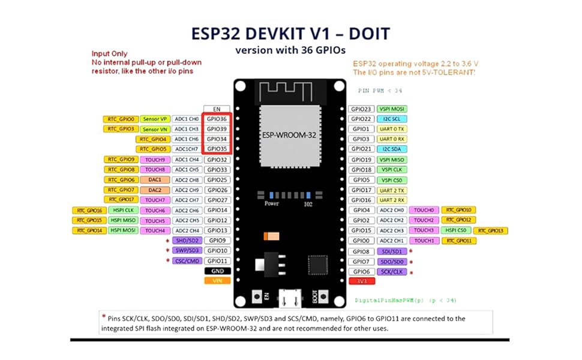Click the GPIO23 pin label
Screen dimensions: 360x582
pyautogui.click(x=362, y=109)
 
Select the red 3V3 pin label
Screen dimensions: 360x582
pyautogui.click(x=362, y=281)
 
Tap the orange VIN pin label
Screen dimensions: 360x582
pyautogui.click(x=217, y=280)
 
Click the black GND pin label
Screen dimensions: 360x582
pyautogui.click(x=217, y=271)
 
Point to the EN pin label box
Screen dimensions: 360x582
pyautogui.click(x=217, y=109)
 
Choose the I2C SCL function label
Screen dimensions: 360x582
pyautogui.click(x=391, y=119)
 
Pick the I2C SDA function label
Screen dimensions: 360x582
pyautogui.click(x=391, y=149)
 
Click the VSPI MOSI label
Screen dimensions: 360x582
pyautogui.click(x=391, y=109)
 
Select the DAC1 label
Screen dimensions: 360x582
pyautogui.click(x=155, y=179)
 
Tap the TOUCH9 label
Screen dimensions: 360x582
pyautogui.click(x=155, y=160)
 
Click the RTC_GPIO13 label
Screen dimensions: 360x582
pyautogui.click(x=490, y=230)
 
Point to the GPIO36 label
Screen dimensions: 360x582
pyautogui.click(x=217, y=119)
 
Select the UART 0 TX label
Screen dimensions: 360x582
pyautogui.click(x=391, y=129)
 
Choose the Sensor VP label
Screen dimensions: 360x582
pyautogui.click(x=155, y=119)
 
